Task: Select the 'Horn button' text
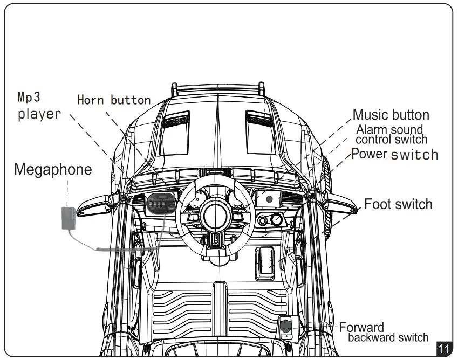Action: (114, 100)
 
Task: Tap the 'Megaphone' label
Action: (53, 170)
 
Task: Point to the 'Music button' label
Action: (391, 115)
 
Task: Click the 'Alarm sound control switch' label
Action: (391, 135)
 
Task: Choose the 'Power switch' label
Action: (394, 155)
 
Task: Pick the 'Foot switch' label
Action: (398, 204)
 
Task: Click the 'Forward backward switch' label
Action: (383, 333)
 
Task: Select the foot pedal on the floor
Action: (265, 262)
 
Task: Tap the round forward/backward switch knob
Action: (285, 326)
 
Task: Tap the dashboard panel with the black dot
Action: (269, 198)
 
